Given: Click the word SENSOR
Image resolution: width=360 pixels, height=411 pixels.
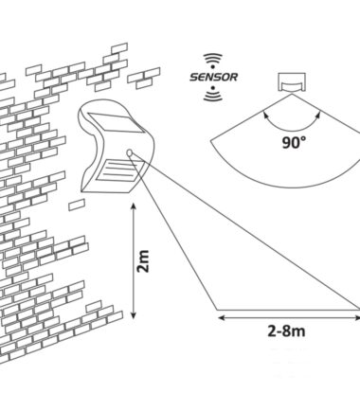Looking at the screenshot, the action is pos(213,77).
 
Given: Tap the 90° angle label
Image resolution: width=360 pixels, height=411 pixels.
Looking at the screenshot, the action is pos(294,143).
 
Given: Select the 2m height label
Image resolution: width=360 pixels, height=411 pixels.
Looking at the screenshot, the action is pos(143,261).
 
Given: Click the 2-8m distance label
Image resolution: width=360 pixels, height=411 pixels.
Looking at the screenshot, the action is pos(286,331).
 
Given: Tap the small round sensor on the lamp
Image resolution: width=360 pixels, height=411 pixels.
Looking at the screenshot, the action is pos(130,153).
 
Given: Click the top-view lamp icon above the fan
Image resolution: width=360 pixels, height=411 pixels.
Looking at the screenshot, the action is pos(292,82).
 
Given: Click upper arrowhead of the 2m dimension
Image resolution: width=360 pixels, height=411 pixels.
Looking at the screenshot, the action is pos(134,206).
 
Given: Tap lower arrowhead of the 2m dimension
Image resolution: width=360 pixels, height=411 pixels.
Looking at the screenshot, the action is pos(134,315).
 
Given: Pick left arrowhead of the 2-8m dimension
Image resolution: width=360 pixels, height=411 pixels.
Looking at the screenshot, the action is pos(222,317).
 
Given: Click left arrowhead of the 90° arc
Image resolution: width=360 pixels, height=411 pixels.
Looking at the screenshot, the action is pos(266,115).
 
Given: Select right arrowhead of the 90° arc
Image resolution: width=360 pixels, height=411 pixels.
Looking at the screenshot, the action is pos(318,115).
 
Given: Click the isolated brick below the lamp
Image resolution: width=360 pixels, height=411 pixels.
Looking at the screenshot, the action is pos(77,205).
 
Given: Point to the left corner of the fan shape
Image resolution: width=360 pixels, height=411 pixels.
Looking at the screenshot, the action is pos(211,141).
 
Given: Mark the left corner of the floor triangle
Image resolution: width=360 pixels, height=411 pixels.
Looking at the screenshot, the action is pos(217,310).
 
